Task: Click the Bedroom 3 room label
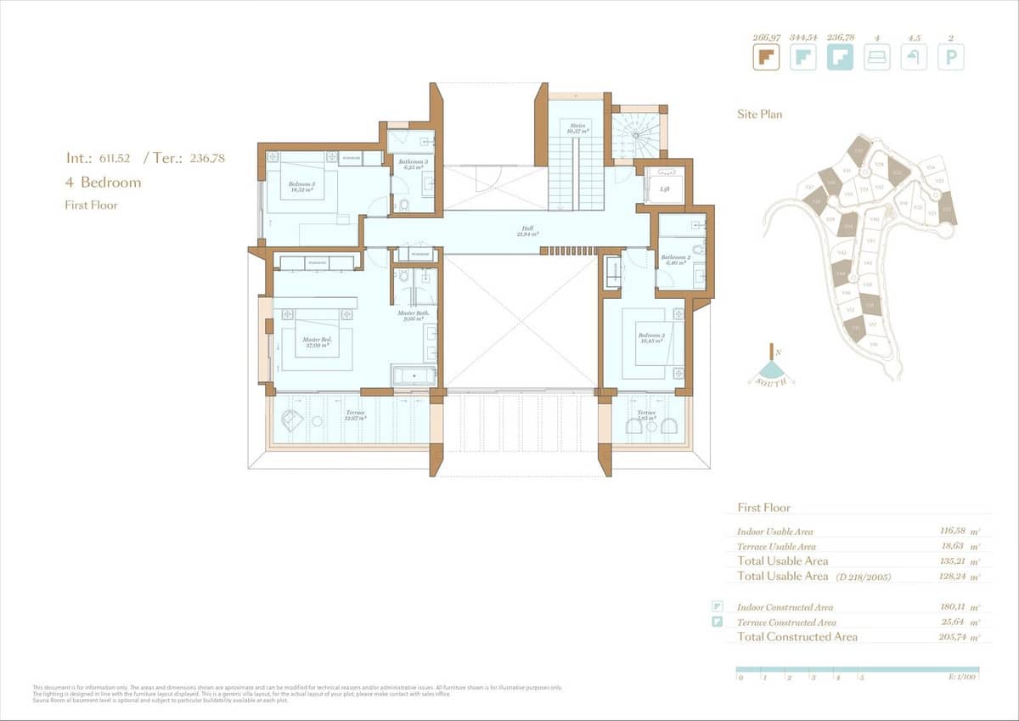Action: [301, 187]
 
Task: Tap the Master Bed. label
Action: [316, 342]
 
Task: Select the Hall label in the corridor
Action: [527, 231]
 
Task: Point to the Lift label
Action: [664, 190]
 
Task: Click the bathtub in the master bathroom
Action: [414, 375]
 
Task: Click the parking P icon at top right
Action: [950, 58]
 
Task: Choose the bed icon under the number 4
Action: [876, 58]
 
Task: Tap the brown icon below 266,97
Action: [766, 58]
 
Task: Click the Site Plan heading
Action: [759, 114]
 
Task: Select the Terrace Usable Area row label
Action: [776, 547]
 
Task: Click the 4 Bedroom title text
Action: [103, 183]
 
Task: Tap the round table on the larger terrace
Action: [316, 421]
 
